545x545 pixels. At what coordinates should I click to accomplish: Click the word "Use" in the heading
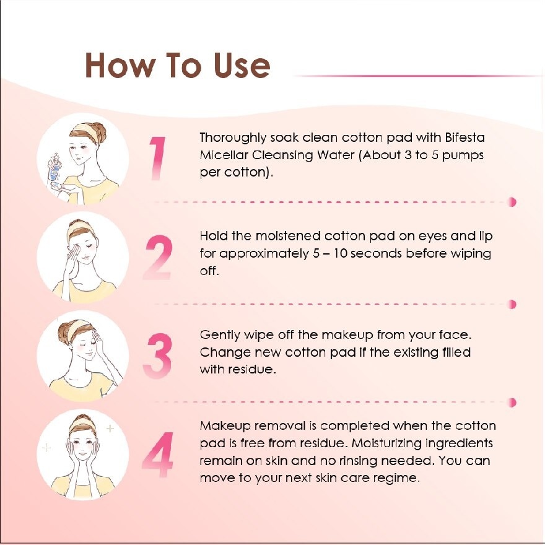tap(237, 64)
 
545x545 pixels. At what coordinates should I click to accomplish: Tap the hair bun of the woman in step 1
tap(97, 131)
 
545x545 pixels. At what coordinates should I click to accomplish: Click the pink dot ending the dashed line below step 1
tap(512, 202)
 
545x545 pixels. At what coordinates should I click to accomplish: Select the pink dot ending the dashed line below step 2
tap(512, 303)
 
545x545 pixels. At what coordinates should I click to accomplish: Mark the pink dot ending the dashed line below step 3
tap(512, 403)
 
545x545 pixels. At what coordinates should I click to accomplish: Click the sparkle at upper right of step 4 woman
tap(110, 428)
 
